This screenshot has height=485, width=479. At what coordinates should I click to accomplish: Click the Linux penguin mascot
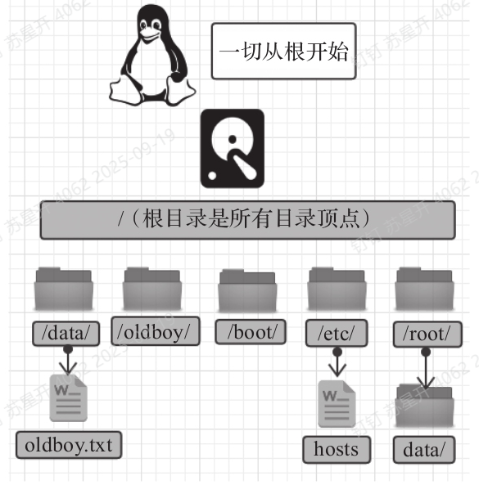coord(152,56)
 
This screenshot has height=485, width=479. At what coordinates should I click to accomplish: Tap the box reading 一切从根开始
coord(284,51)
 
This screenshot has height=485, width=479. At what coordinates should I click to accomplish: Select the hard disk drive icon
coord(233,149)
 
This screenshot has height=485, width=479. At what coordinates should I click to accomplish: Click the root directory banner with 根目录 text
coord(248,220)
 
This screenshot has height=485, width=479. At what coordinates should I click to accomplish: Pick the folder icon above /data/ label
coord(64,289)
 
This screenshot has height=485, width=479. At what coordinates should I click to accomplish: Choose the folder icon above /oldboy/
coord(152,289)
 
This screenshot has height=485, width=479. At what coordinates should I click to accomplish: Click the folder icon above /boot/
coord(247,290)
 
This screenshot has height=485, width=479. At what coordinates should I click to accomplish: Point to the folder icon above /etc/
coord(337,289)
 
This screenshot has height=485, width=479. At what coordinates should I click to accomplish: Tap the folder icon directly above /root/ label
coord(424,289)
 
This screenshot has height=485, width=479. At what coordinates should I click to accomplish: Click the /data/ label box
coord(66,334)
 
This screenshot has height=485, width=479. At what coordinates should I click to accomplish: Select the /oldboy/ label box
coord(156,330)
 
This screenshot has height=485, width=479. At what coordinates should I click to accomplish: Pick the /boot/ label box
coord(251,332)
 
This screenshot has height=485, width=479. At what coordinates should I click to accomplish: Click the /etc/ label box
coord(337,333)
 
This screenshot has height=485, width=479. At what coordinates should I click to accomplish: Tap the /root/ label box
coord(427,335)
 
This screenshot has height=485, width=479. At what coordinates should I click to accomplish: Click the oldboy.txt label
coord(69,445)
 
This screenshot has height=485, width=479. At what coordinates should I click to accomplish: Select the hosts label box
coord(337,450)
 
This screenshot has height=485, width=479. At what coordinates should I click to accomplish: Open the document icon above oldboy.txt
coord(69,398)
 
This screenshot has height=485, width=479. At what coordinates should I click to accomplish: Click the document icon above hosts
coord(337,404)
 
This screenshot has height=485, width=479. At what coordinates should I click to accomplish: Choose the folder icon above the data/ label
coord(424,406)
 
